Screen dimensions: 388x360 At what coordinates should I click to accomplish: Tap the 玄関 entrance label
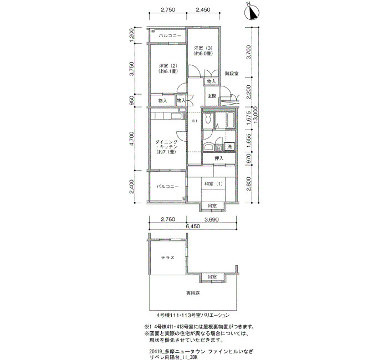pos(212,96)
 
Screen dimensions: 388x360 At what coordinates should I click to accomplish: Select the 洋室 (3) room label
pos(203,50)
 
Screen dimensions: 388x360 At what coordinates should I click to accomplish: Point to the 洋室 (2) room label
pos(168,69)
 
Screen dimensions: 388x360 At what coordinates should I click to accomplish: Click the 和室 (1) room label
pos(213,184)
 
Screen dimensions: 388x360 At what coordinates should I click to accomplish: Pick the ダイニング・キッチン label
pos(166,147)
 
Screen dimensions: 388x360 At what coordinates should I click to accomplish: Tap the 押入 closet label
pos(219,158)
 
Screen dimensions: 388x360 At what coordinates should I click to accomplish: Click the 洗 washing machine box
pos(229,146)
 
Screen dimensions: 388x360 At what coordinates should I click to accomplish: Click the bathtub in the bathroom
pos(231,120)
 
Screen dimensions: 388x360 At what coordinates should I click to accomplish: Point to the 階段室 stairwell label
pos(232,74)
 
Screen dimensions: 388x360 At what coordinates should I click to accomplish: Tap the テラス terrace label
pos(168,258)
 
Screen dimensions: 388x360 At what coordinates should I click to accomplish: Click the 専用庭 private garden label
pos(193,293)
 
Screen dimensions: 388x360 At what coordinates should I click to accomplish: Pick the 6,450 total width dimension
pos(192,226)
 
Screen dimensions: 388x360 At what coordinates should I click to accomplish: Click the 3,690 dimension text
pos(211,219)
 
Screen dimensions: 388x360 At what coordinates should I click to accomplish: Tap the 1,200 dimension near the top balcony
pos(132,35)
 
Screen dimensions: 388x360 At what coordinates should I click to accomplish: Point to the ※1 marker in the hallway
pos(194,121)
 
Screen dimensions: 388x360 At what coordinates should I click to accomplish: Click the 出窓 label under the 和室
pos(212,205)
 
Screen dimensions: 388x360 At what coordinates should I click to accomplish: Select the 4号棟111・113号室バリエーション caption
pos(193,315)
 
